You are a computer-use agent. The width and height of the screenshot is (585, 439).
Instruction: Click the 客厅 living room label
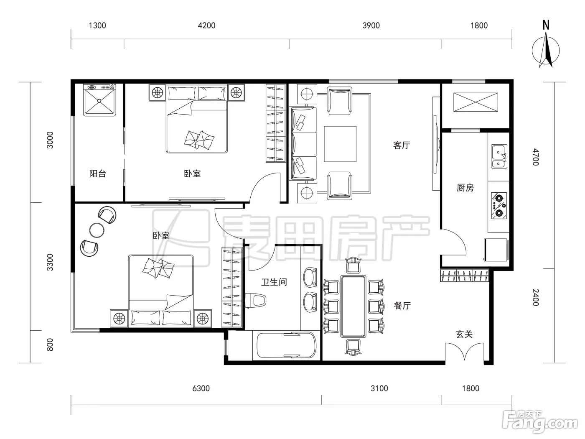[402, 145]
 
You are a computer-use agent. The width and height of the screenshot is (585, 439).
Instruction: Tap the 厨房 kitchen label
[465, 188]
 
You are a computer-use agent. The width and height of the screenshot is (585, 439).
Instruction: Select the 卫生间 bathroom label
[274, 282]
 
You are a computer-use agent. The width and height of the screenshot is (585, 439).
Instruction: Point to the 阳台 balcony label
[97, 174]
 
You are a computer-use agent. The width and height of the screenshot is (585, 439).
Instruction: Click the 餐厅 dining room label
[402, 305]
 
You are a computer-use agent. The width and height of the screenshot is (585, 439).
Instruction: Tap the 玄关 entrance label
[464, 334]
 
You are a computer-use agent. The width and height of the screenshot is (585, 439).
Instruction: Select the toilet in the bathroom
[256, 300]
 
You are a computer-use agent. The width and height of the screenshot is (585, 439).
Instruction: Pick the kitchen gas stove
[499, 206]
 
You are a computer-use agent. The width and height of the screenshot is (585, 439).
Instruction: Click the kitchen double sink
[499, 156]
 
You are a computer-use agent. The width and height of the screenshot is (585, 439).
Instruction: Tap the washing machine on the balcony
[99, 100]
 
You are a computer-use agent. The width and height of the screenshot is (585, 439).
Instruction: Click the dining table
[353, 306]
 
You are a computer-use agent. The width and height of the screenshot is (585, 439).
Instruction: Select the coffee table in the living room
[340, 144]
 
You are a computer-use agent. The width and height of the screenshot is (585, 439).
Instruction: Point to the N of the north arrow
[546, 25]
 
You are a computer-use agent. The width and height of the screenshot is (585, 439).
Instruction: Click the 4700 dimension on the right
[536, 157]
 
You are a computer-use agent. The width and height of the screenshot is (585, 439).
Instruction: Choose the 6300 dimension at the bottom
[201, 388]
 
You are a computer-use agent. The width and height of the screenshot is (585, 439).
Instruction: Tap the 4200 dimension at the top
[206, 26]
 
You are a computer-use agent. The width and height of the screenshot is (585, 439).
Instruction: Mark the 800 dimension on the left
[50, 345]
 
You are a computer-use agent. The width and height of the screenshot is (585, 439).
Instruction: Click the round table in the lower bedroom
[97, 230]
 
